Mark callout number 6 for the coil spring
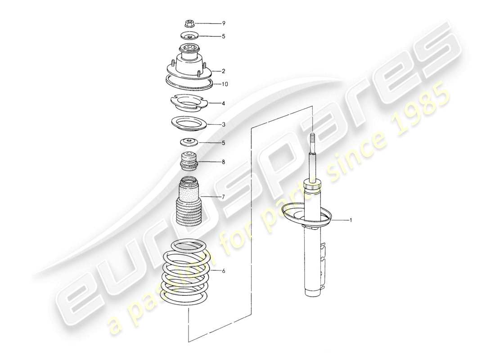[223, 271]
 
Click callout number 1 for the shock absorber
[351, 220]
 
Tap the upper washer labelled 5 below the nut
[189, 36]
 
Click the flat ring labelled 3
[188, 123]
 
